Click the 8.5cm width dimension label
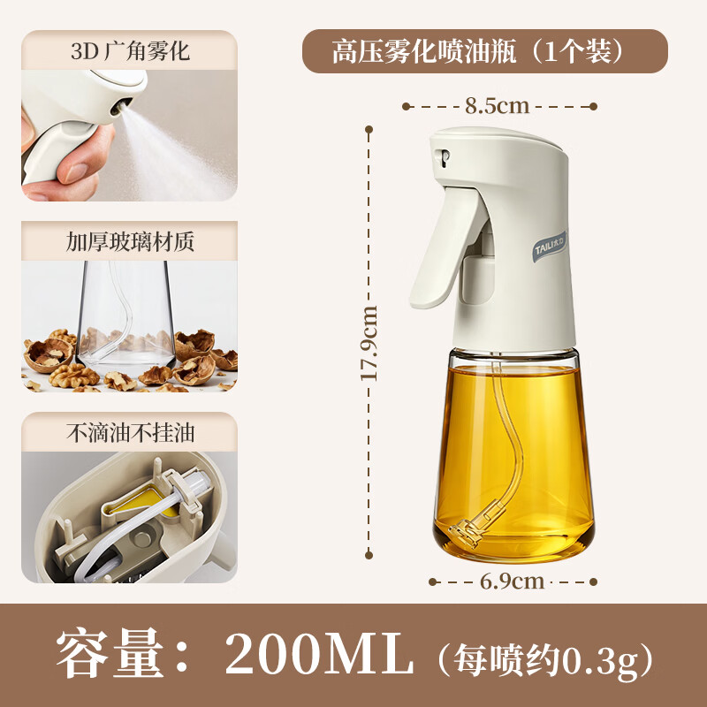497,106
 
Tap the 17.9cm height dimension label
369,343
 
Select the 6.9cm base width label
512,582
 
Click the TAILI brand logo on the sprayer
549,247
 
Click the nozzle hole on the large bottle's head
445,158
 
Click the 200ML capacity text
318,653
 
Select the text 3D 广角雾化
130,51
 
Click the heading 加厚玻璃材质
130,241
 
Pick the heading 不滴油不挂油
130,433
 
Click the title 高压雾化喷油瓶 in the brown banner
424,51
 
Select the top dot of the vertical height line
369,129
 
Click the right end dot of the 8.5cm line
593,106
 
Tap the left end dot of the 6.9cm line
432,582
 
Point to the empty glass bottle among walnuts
125,315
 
